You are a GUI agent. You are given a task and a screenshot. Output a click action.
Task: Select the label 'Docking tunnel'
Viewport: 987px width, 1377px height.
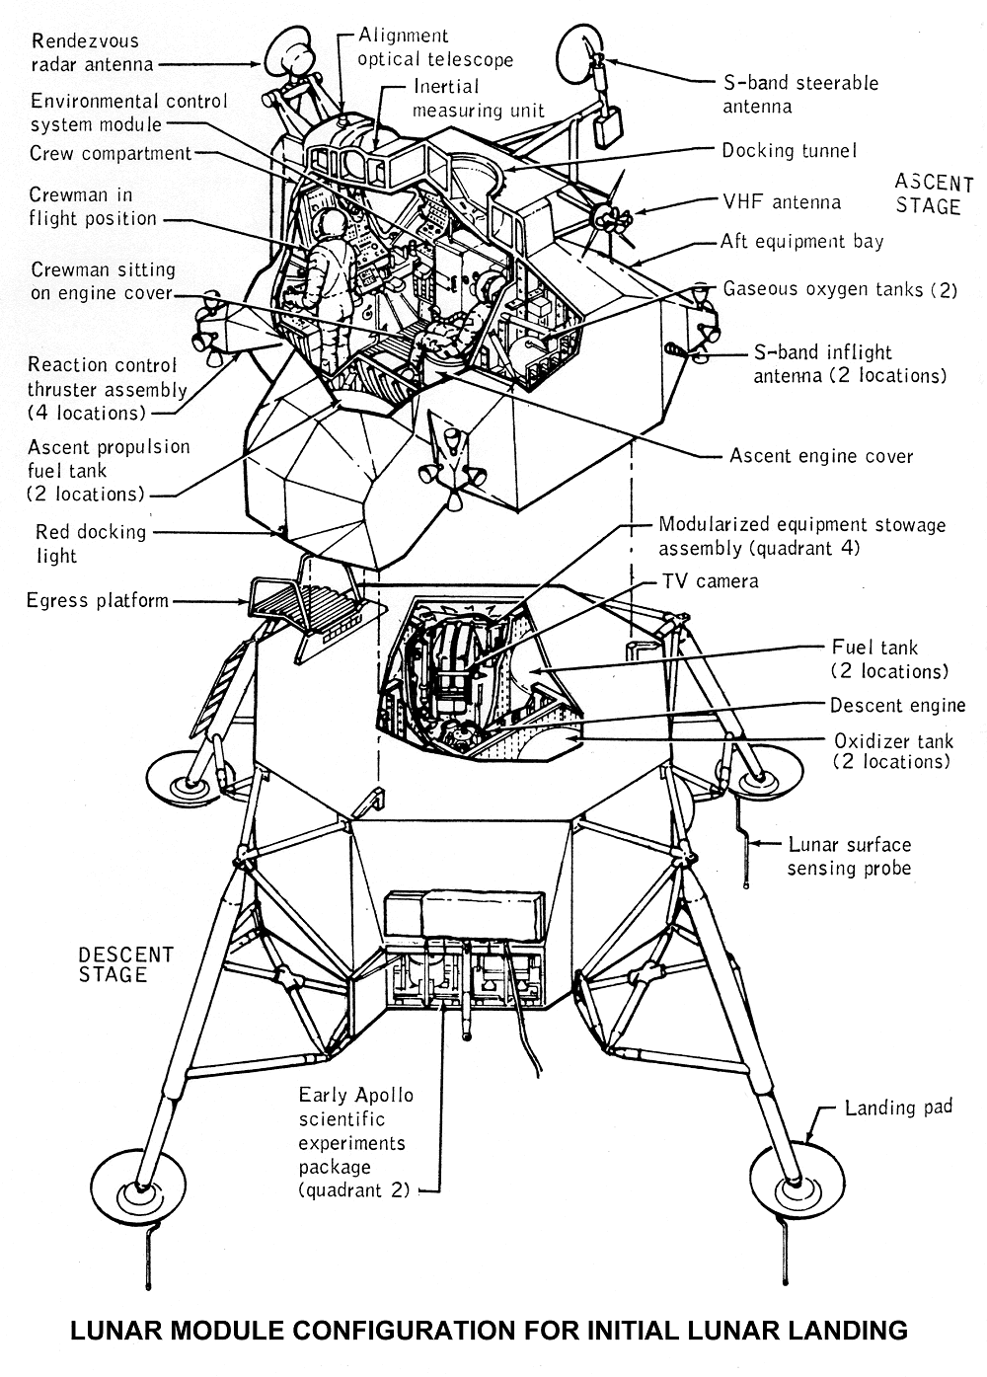(x=789, y=151)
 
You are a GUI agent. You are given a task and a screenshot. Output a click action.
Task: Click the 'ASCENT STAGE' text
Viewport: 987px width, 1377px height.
(x=934, y=194)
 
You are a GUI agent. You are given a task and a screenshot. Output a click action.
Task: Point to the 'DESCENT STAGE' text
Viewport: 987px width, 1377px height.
(x=125, y=964)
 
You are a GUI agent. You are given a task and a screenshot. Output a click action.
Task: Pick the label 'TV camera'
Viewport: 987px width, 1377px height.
(x=710, y=580)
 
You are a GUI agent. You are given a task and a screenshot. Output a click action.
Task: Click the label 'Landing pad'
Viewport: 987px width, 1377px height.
(x=898, y=1108)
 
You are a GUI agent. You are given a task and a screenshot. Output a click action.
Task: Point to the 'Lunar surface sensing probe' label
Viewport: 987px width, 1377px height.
(x=849, y=857)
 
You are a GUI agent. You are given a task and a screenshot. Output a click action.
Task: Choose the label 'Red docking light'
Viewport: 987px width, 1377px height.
(x=90, y=543)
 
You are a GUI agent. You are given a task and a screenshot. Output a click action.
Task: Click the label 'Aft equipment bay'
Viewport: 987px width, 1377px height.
(x=801, y=241)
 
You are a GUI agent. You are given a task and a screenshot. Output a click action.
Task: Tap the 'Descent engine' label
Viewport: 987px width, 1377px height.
(x=897, y=705)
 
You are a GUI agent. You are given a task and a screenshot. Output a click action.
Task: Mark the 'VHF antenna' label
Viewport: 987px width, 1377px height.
(x=782, y=202)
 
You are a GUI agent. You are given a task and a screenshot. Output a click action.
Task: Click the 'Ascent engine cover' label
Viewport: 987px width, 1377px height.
(x=821, y=456)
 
